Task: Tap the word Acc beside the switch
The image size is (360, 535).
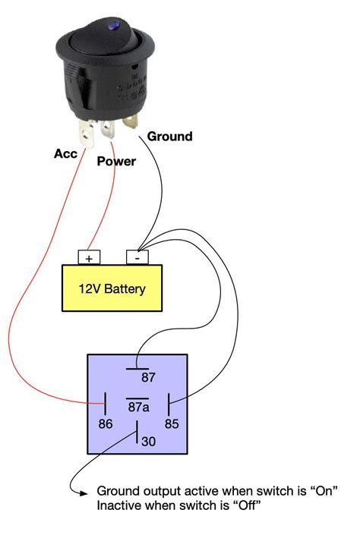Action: click(66, 153)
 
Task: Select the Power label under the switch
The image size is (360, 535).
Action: click(115, 162)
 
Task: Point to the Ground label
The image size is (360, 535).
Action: click(169, 137)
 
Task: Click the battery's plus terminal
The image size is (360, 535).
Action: click(89, 258)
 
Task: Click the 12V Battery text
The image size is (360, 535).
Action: click(112, 288)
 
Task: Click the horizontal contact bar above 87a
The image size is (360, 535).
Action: click(137, 398)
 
